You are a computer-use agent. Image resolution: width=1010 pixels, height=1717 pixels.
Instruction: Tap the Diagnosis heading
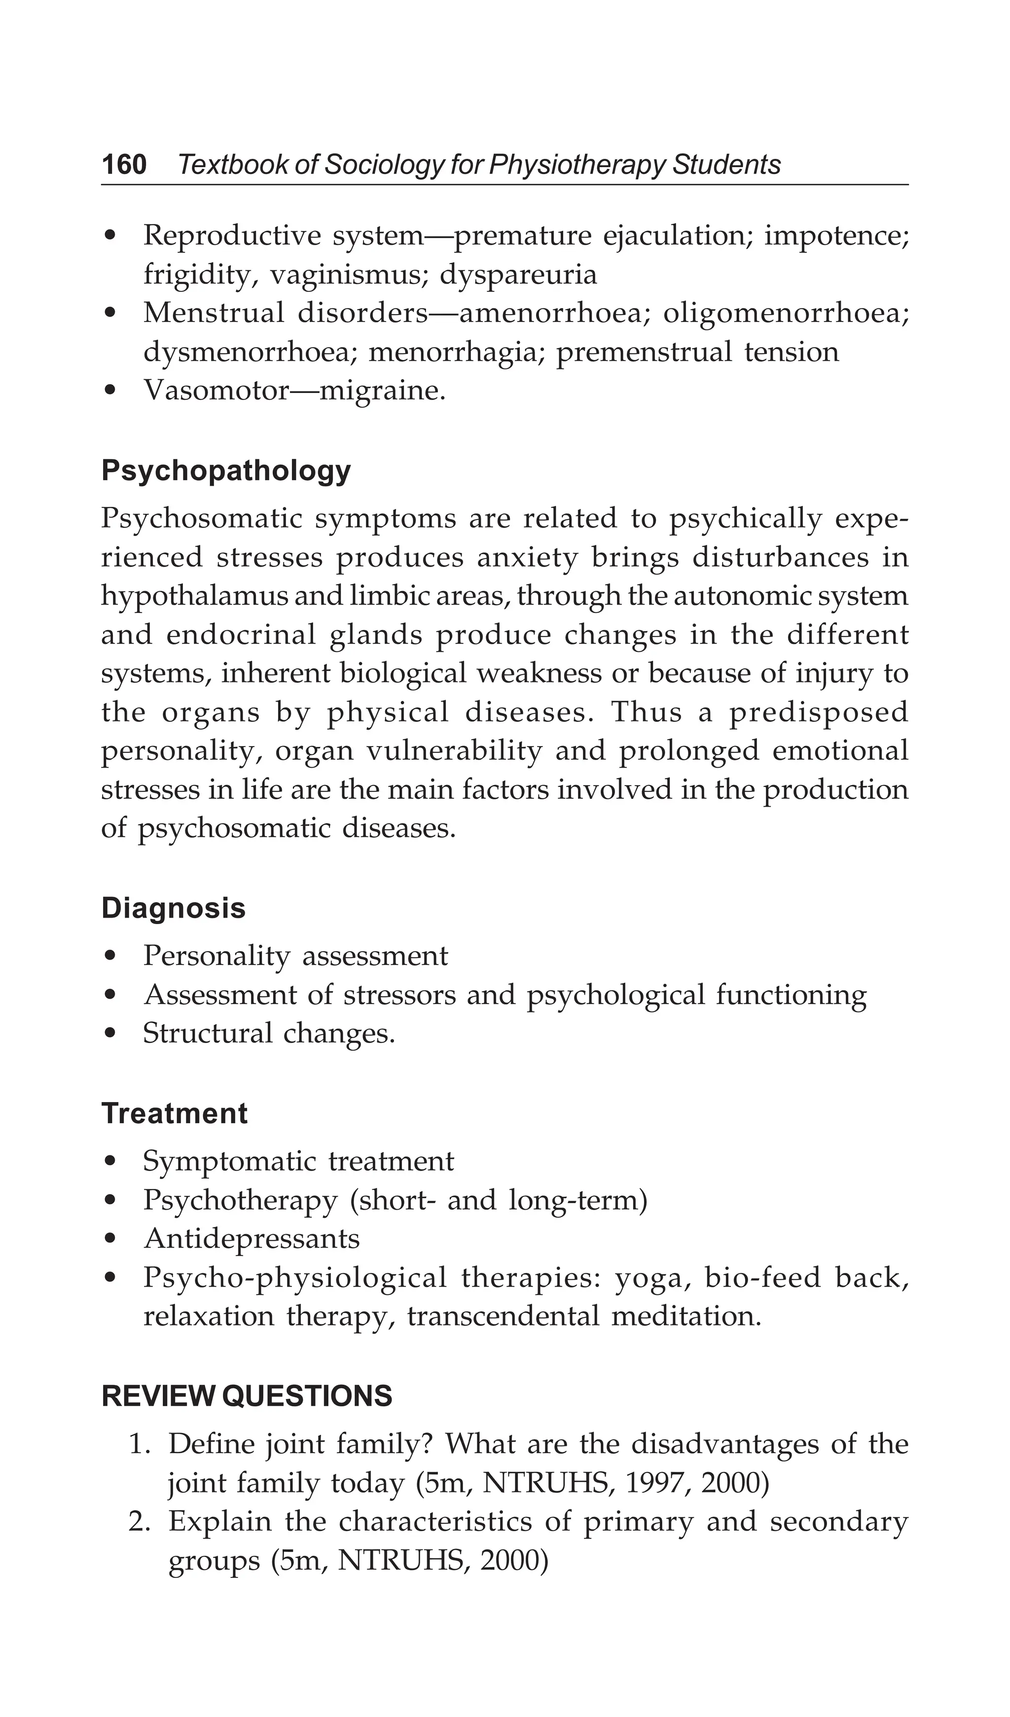(x=173, y=908)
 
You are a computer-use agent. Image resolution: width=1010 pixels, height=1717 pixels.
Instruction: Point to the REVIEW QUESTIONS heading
(x=247, y=1396)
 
